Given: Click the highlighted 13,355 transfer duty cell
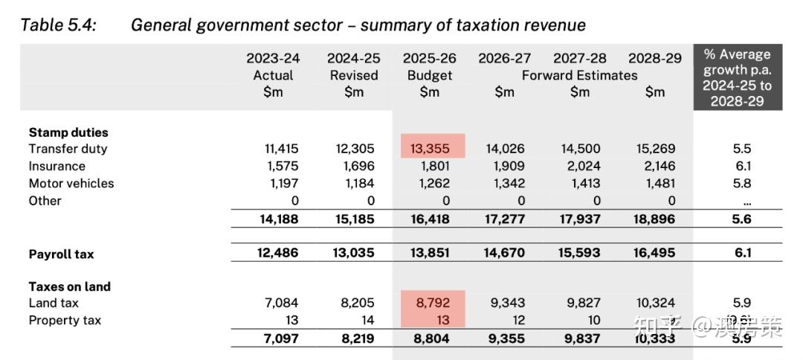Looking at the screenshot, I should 433,149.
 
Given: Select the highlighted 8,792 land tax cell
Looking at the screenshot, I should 433,303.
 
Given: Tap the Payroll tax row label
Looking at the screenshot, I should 61,254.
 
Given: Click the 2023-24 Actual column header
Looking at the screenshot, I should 273,74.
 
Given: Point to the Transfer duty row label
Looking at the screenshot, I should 68,149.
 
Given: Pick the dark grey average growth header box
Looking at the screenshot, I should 737,77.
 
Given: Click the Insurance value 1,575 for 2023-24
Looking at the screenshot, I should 282,166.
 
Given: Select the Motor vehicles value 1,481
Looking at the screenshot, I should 657,183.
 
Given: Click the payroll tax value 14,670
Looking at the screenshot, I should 503,253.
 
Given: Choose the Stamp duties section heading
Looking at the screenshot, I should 68,132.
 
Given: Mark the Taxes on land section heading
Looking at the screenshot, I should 69,286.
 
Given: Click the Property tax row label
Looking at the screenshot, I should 65,321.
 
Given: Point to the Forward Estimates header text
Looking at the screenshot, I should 579,75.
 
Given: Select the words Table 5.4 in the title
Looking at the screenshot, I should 58,25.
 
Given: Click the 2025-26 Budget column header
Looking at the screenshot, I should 429,74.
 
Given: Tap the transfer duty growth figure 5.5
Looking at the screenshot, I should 741,149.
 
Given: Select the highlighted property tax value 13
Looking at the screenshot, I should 442,321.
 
